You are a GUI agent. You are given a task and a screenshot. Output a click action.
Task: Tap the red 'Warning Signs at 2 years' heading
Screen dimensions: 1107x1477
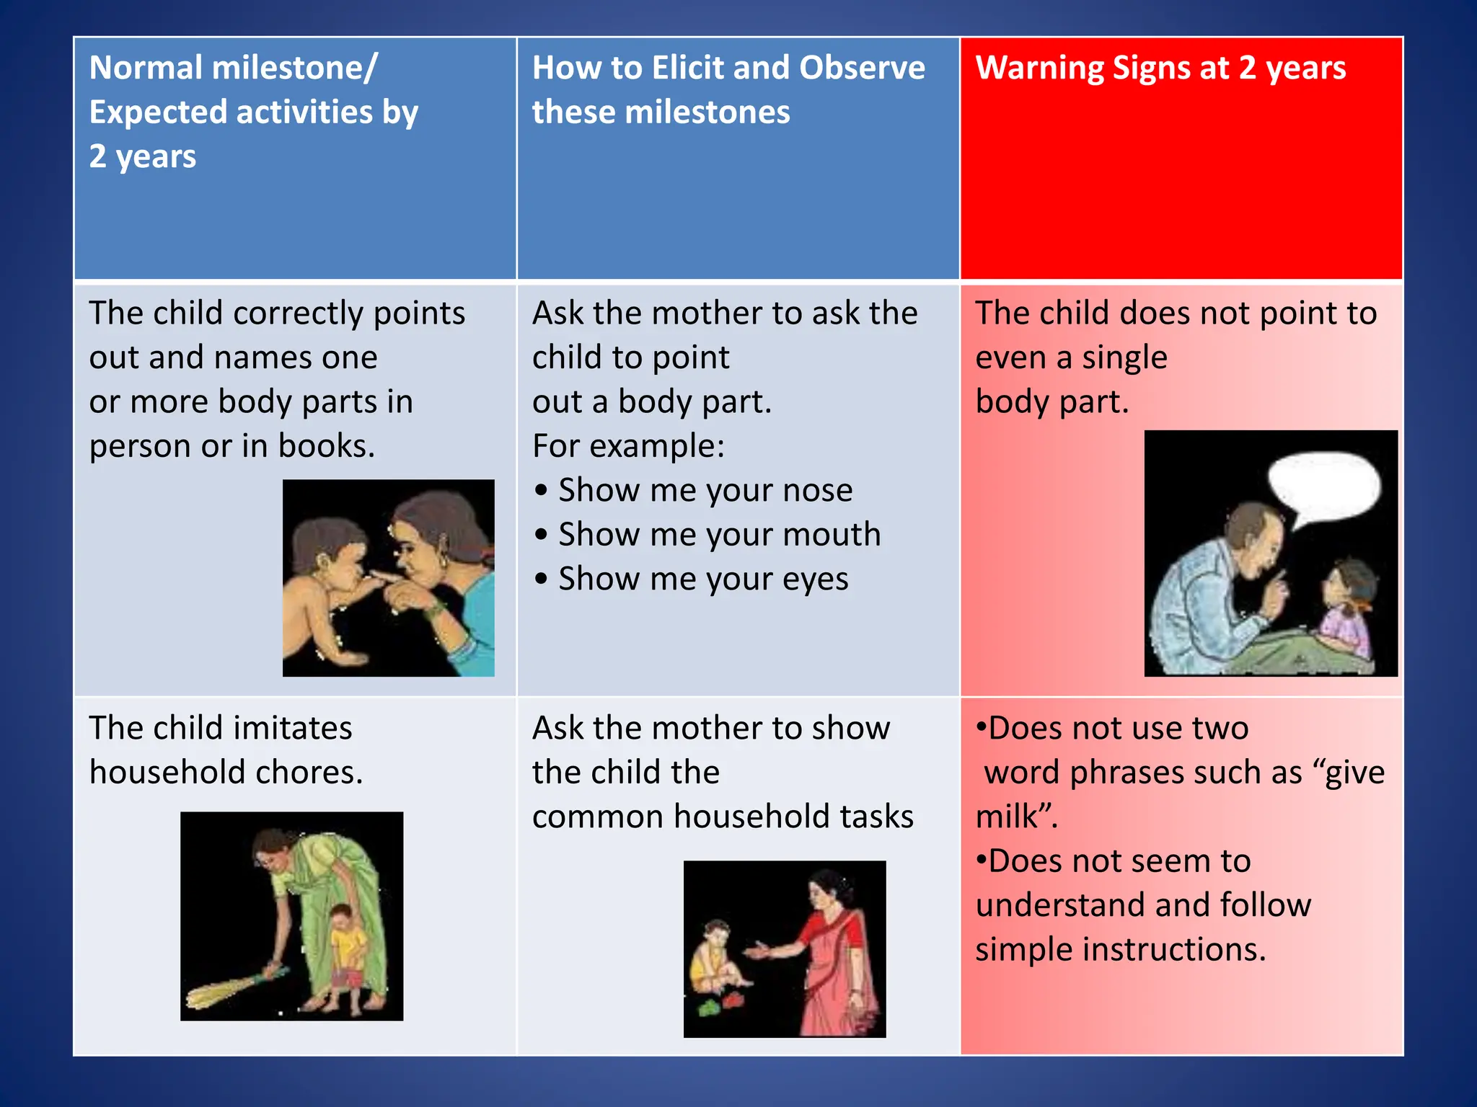pyautogui.click(x=1160, y=68)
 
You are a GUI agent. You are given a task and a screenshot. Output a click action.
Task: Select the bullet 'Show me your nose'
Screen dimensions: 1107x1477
pyautogui.click(x=705, y=490)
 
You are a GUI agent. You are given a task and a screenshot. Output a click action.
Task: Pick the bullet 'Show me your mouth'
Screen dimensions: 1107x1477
pyautogui.click(x=719, y=535)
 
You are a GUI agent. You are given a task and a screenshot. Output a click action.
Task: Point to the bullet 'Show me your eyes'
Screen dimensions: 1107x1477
pyautogui.click(x=703, y=579)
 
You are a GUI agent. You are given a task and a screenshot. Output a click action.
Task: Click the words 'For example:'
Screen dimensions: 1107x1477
pyautogui.click(x=628, y=446)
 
